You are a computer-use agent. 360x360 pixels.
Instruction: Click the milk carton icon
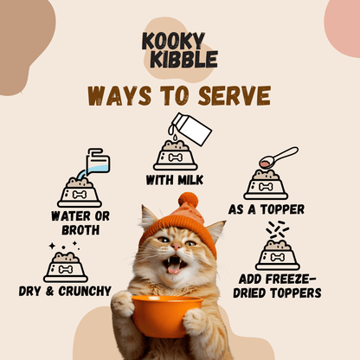click(x=191, y=130)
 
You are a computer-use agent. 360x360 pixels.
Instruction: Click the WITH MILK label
click(x=180, y=179)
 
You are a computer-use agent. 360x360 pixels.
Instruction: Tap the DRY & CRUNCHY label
click(x=65, y=291)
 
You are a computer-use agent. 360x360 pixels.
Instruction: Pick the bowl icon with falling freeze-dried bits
click(x=277, y=252)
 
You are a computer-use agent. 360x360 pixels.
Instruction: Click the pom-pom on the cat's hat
click(x=189, y=201)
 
